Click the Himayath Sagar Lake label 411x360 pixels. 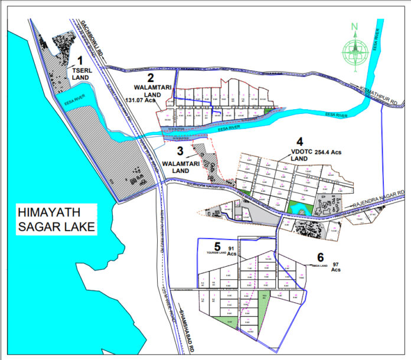click(56, 219)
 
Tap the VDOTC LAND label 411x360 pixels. click(300, 155)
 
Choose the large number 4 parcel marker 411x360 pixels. click(299, 142)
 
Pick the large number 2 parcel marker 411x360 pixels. click(151, 77)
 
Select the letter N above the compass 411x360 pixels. click(354, 27)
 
